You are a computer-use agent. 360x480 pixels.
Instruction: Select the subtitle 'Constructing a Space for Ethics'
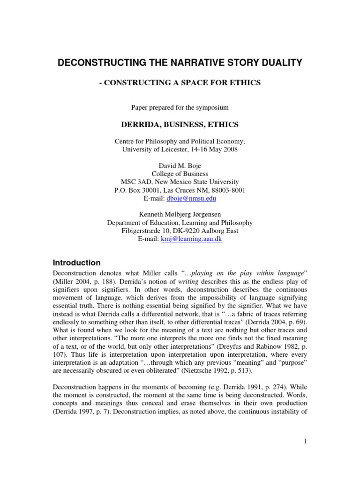pyautogui.click(x=180, y=83)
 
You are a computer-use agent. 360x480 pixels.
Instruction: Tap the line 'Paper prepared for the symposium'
pyautogui.click(x=180, y=107)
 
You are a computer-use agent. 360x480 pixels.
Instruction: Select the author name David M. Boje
pyautogui.click(x=180, y=166)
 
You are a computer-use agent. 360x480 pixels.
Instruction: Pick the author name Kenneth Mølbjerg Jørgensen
pyautogui.click(x=180, y=215)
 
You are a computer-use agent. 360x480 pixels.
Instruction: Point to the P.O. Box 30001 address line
pyautogui.click(x=180, y=190)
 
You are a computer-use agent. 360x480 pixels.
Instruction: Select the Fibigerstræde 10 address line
pyautogui.click(x=180, y=231)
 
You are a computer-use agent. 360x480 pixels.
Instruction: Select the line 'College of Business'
pyautogui.click(x=180, y=174)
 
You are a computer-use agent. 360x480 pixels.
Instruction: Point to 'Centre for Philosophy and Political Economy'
pyautogui.click(x=180, y=141)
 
